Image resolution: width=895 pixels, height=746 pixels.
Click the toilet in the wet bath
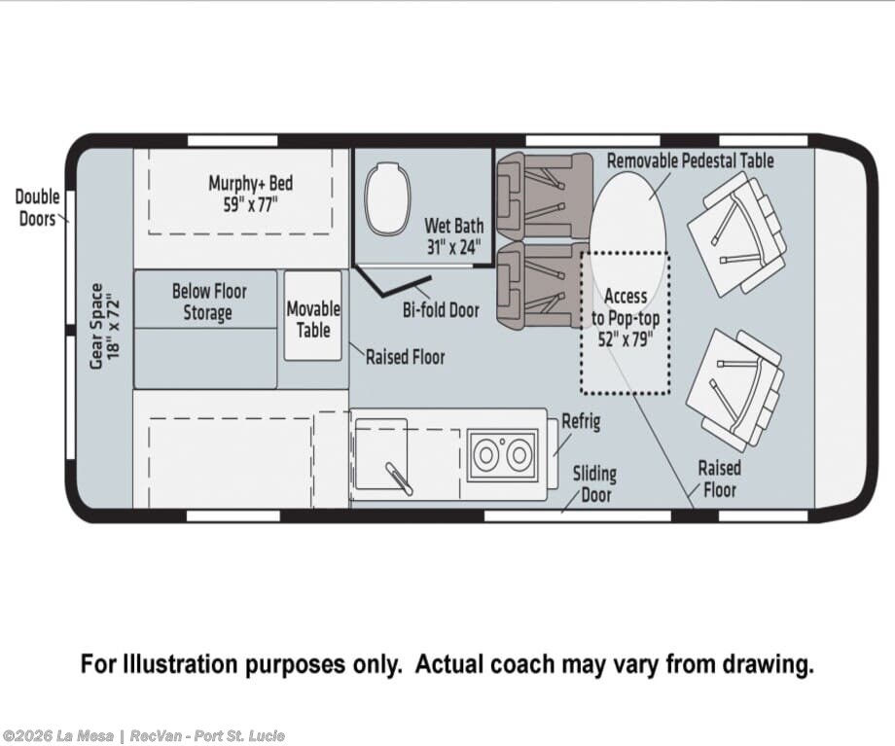pos(388,198)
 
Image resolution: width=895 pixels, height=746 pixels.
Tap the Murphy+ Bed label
pos(251,184)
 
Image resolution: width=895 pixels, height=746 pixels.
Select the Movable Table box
pos(313,316)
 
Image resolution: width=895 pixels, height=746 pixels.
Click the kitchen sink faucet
pos(400,479)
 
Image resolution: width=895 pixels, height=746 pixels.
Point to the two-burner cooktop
pos(502,455)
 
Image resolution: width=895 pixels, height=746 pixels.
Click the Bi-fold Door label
pos(441,310)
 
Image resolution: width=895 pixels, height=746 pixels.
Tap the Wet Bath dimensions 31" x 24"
pos(454,247)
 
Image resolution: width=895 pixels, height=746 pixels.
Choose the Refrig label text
pos(581,422)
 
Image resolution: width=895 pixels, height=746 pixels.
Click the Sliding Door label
pos(594,484)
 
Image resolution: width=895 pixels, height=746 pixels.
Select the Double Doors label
pos(37,208)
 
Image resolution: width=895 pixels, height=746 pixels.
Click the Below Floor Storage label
pos(209,302)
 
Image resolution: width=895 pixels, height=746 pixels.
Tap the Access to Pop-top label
pos(626,307)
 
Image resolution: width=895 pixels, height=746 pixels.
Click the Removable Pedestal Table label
pos(690,160)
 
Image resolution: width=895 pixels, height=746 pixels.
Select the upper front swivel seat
pos(736,234)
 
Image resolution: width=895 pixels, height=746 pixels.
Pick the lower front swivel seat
pos(735,388)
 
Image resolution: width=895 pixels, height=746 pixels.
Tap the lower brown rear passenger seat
pos(542,285)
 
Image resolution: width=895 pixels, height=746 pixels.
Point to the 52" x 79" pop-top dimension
pos(625,339)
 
